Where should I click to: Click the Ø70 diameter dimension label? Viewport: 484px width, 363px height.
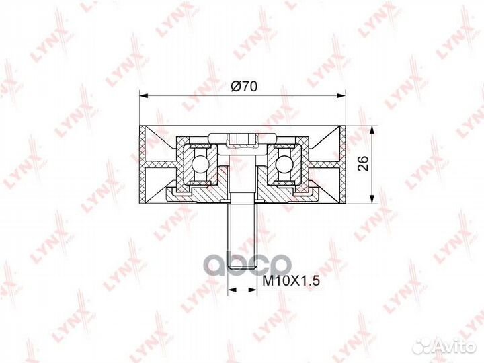tap(243, 87)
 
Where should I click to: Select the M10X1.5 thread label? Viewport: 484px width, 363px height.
tap(290, 281)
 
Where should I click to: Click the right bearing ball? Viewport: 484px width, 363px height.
tap(286, 163)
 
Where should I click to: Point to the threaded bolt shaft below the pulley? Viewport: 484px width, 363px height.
tap(242, 235)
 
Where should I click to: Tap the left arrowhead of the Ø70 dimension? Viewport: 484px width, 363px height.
tap(145, 96)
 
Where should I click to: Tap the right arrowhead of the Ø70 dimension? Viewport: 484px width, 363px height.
tap(341, 96)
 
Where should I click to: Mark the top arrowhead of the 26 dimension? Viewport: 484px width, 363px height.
tap(372, 130)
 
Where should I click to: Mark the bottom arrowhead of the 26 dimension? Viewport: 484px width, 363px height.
tap(372, 199)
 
